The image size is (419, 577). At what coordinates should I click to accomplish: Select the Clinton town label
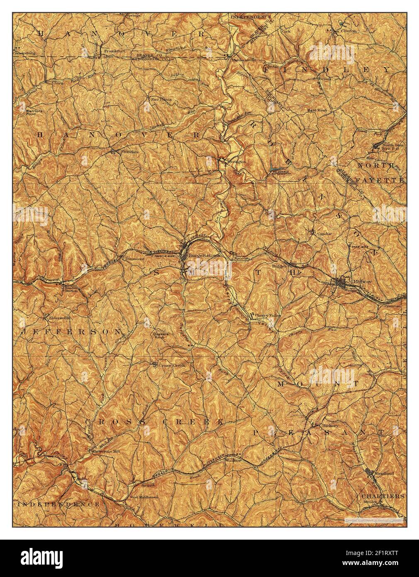[348, 31]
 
